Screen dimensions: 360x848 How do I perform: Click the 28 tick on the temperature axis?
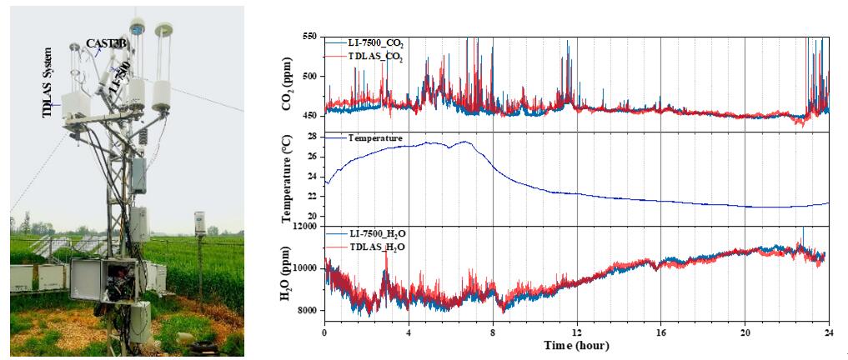pyautogui.click(x=313, y=136)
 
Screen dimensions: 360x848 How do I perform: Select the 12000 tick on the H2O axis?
pyautogui.click(x=304, y=226)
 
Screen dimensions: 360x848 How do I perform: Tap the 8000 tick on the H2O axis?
pyautogui.click(x=306, y=310)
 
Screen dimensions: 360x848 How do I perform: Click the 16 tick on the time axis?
pyautogui.click(x=660, y=332)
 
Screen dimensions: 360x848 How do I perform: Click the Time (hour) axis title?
pyautogui.click(x=576, y=345)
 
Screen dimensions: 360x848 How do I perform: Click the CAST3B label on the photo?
pyautogui.click(x=107, y=42)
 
